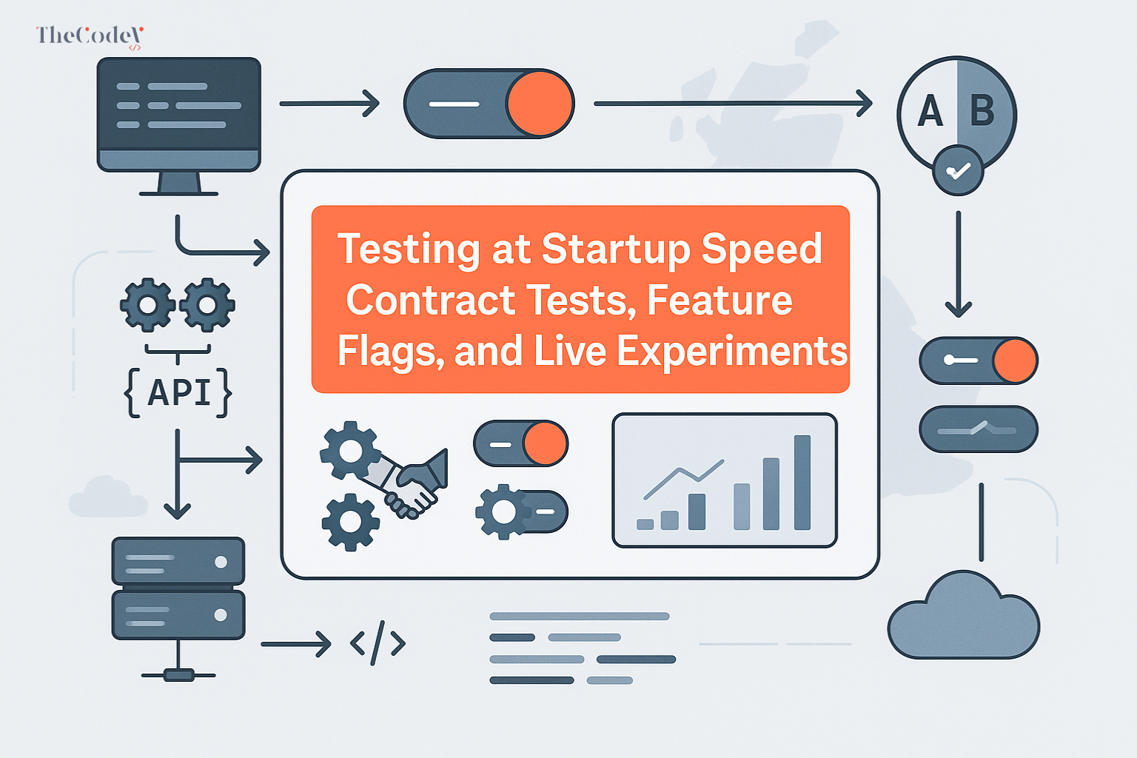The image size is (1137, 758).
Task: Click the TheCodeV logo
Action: click(x=89, y=36)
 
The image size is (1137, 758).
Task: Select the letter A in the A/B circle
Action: click(x=930, y=112)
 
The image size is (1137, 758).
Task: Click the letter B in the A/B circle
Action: click(x=982, y=112)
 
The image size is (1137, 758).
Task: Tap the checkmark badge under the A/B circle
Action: click(x=958, y=171)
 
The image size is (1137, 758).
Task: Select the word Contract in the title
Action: click(x=430, y=301)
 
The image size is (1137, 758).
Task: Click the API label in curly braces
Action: click(x=178, y=392)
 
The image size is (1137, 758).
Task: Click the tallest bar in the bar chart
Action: click(x=802, y=483)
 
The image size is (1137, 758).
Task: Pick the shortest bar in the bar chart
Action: click(x=645, y=524)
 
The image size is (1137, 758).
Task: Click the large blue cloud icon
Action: click(x=963, y=617)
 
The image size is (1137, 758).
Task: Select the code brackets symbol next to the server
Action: click(x=378, y=643)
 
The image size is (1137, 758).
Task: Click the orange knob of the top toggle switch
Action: click(x=540, y=104)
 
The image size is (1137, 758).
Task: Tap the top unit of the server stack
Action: click(x=178, y=562)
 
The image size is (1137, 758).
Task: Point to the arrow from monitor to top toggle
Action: click(x=329, y=104)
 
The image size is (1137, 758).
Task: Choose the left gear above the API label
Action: click(x=148, y=304)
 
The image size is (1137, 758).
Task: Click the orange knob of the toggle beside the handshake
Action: click(x=545, y=443)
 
